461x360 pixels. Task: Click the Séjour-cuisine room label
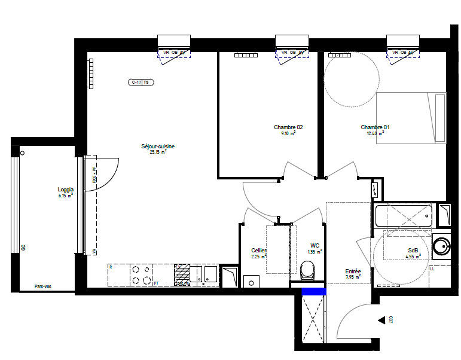(158, 146)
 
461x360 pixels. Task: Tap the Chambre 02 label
(288, 127)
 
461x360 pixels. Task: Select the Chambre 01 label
(375, 127)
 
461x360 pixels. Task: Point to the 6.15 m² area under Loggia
(65, 196)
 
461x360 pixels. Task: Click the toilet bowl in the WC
(307, 272)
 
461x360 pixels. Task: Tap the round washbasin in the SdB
(442, 246)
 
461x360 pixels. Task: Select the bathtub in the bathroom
(403, 215)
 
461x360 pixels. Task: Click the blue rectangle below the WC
(313, 291)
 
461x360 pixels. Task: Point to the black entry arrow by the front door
(381, 321)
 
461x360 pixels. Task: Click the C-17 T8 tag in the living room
(142, 83)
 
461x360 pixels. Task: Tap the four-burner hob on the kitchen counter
(142, 274)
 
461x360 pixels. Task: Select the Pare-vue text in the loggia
(42, 286)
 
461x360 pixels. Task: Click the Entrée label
(353, 271)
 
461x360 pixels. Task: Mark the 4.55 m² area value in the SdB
(413, 256)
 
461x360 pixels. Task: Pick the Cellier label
(258, 250)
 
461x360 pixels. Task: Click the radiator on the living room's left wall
(91, 73)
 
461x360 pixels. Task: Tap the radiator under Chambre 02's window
(245, 55)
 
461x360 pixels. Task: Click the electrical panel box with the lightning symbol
(375, 190)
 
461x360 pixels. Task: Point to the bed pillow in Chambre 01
(440, 118)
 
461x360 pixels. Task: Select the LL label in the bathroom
(433, 269)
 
